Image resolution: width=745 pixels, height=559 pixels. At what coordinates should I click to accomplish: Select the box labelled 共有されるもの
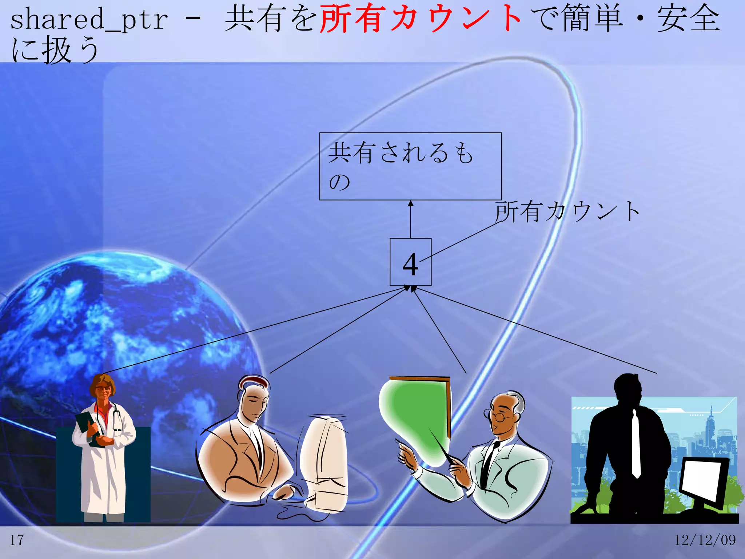tap(410, 166)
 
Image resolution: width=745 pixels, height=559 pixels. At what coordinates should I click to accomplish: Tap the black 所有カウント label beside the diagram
tap(567, 211)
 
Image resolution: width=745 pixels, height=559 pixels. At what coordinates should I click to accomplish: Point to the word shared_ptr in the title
tap(89, 20)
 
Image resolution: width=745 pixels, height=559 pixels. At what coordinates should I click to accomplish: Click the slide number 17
tap(17, 540)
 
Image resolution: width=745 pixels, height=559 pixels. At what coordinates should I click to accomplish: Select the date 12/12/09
tap(705, 540)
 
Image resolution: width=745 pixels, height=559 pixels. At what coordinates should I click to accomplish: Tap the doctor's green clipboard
tap(87, 426)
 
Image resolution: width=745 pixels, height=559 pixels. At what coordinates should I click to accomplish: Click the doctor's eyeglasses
tap(103, 388)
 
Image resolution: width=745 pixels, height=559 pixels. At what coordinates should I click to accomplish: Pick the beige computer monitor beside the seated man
tap(324, 462)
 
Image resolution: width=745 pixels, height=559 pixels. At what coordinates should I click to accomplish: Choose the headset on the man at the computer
tap(255, 380)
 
